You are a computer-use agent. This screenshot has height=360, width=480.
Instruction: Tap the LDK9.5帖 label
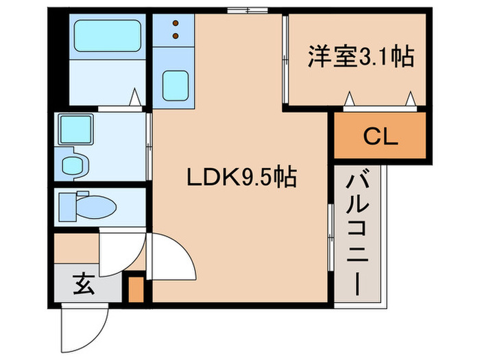242,179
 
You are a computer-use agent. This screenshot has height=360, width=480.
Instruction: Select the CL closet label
380,137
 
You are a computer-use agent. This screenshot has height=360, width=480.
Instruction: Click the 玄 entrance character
83,283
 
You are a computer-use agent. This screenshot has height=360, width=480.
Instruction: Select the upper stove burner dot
175,21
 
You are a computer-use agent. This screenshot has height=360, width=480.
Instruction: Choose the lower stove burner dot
175,34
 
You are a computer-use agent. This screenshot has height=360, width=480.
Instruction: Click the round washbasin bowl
71,165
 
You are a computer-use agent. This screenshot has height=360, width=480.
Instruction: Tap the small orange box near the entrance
136,289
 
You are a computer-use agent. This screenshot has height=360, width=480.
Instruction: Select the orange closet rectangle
380,137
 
